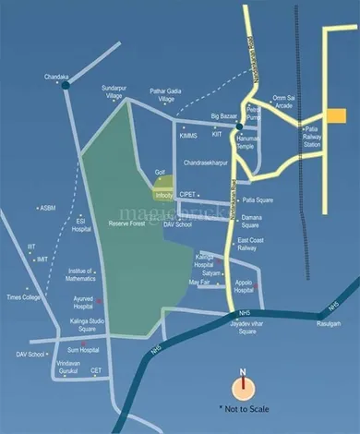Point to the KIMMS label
pyautogui.click(x=189, y=135)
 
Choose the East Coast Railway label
pyautogui.click(x=252, y=243)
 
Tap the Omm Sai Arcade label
pyautogui.click(x=288, y=102)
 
